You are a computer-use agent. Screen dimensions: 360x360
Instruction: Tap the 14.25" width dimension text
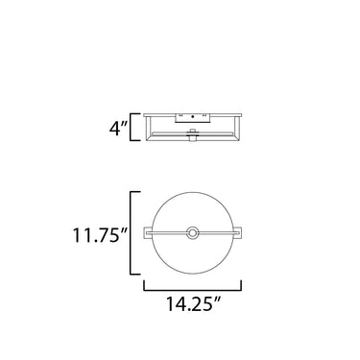(x=193, y=303)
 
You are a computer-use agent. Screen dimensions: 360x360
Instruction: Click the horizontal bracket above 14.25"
(x=192, y=286)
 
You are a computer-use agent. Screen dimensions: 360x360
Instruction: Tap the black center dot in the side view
(x=192, y=116)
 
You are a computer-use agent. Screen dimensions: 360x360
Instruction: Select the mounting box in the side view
(x=192, y=118)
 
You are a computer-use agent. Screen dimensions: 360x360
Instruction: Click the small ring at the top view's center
(x=192, y=232)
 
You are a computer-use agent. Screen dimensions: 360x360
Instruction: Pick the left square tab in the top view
(x=148, y=232)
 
